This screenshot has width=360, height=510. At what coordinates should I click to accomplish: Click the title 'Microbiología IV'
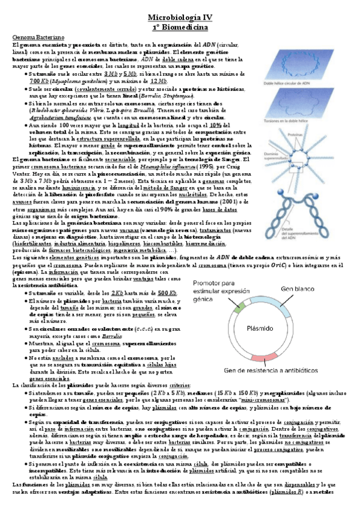(180, 19)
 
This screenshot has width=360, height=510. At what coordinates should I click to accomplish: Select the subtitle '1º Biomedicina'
(180, 28)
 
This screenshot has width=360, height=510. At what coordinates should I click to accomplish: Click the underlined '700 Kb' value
(39, 81)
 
